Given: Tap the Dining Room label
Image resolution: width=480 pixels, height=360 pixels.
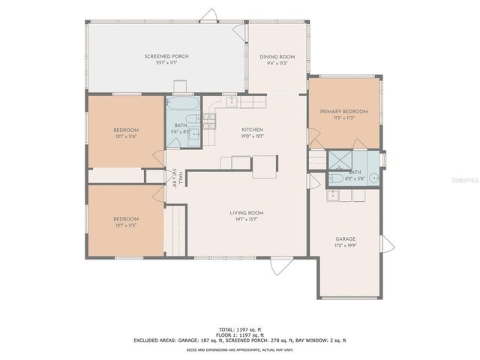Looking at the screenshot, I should (x=277, y=57).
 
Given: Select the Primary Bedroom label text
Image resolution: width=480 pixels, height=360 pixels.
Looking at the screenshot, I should (x=344, y=112).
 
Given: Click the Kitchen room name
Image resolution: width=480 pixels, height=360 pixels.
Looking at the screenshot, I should (x=252, y=130).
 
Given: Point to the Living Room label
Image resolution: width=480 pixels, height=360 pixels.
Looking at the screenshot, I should (x=247, y=212).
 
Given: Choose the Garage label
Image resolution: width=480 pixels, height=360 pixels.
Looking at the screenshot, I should (x=346, y=238).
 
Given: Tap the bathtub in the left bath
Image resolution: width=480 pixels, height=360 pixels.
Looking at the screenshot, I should (x=181, y=104).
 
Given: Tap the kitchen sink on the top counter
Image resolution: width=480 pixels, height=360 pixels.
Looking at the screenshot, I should (x=232, y=101).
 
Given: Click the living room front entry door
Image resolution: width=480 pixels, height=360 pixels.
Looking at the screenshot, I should (x=279, y=263).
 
